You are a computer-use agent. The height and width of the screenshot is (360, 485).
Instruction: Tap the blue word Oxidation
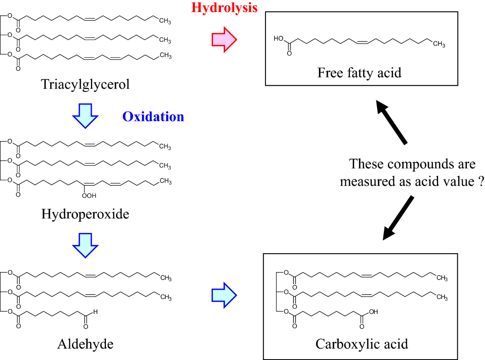(x=153, y=117)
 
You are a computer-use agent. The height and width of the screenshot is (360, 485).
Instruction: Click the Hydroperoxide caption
(x=85, y=214)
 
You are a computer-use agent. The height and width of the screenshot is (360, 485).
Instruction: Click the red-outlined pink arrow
(x=224, y=39)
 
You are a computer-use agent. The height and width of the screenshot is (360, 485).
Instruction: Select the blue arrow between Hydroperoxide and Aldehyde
(x=85, y=246)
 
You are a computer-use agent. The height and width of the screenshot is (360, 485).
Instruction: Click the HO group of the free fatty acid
(x=278, y=39)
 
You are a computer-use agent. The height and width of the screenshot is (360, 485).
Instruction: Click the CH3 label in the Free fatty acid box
(x=439, y=44)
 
